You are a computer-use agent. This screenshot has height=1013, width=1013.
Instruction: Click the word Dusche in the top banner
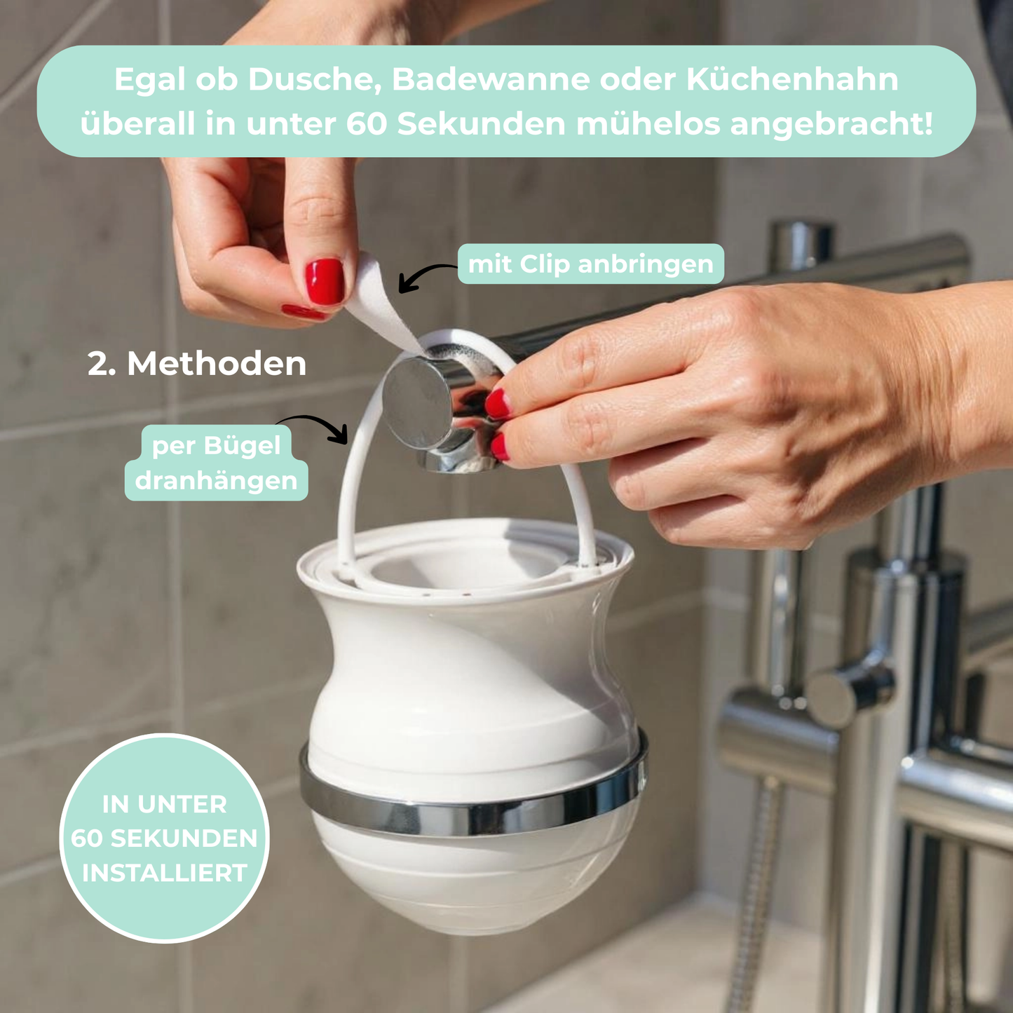(313, 80)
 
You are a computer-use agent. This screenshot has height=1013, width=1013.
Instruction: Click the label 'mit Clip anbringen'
(590, 264)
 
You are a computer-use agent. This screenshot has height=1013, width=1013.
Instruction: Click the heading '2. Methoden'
(197, 364)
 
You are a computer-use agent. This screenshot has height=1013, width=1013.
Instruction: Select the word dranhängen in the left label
(216, 481)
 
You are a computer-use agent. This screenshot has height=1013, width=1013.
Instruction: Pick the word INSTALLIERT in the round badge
(165, 873)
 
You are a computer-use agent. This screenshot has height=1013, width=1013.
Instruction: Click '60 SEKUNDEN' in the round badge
(165, 838)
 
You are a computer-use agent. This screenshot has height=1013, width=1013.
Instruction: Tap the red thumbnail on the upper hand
(325, 281)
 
